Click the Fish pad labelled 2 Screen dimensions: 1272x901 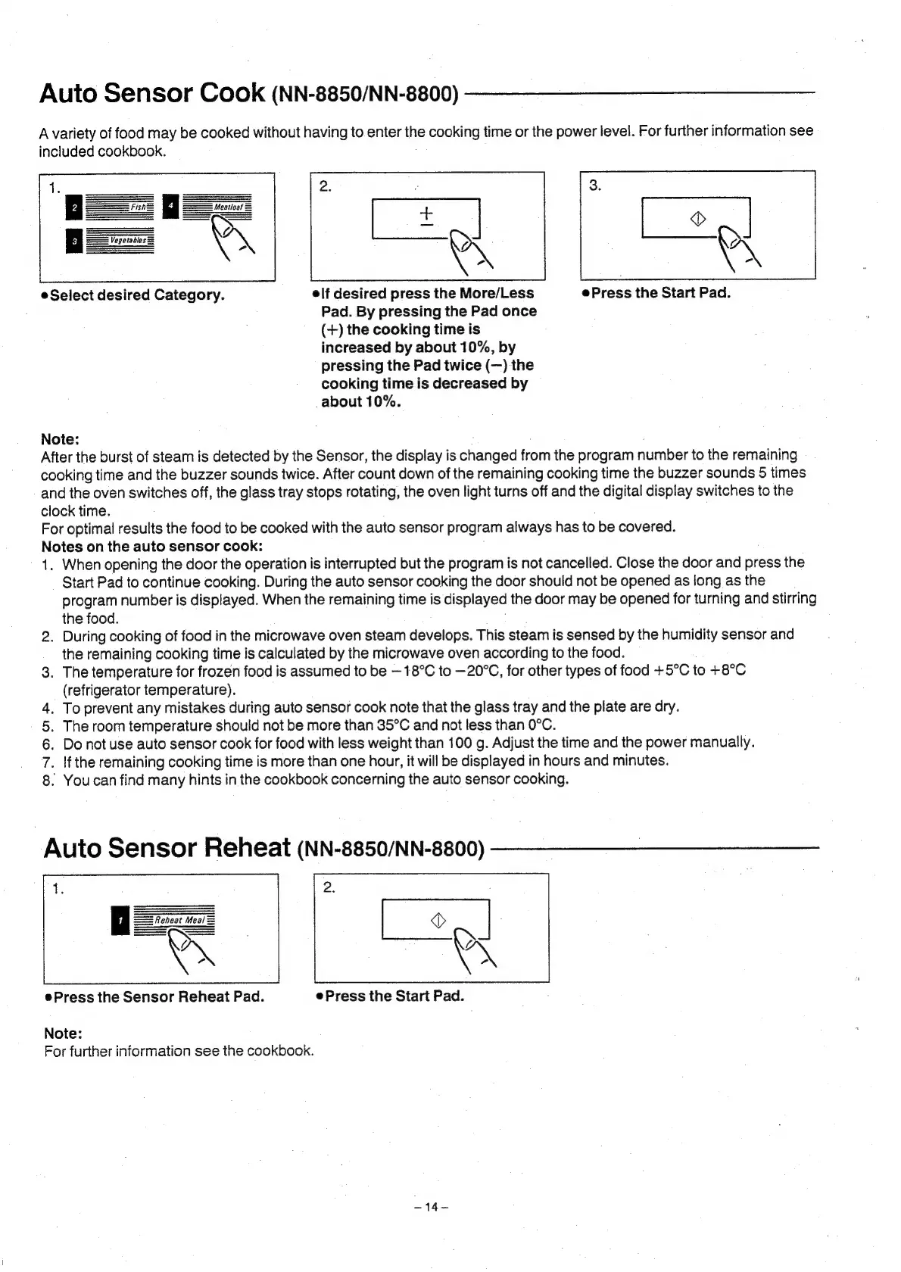(120, 207)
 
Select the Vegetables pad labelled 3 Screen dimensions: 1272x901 (120, 241)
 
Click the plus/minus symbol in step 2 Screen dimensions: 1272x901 (426, 216)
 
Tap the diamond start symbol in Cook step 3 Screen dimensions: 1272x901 (697, 219)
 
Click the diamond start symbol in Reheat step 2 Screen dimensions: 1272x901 (437, 920)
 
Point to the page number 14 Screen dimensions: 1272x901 (432, 1207)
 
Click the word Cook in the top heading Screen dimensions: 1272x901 (232, 93)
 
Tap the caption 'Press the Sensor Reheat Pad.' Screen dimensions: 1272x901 (158, 996)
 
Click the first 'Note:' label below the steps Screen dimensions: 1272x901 (60, 439)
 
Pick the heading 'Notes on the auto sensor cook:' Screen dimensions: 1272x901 (152, 546)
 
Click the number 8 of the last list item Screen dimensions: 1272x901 (47, 780)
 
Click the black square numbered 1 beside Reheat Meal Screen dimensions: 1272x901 (120, 921)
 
